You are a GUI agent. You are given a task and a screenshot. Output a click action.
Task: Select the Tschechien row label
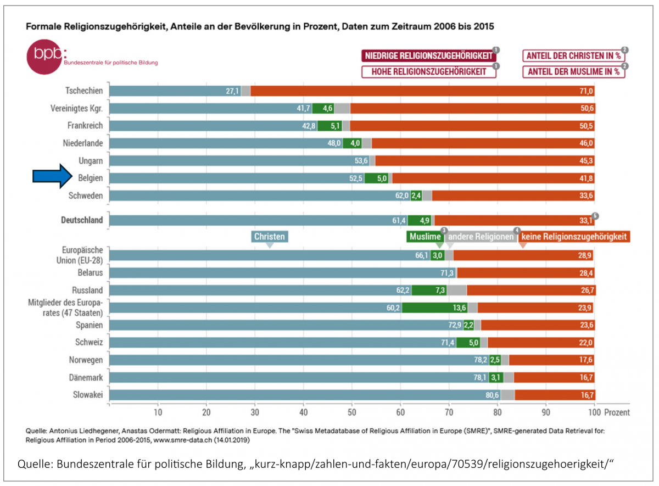[x=84, y=91]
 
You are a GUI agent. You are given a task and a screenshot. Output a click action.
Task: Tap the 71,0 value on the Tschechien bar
[x=587, y=91]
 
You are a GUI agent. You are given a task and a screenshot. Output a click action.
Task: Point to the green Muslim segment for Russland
[x=429, y=290]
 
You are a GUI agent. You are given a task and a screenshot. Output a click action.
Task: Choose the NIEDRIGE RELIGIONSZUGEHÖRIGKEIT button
[x=428, y=55]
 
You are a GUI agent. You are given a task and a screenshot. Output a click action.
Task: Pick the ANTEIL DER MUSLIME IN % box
[x=573, y=71]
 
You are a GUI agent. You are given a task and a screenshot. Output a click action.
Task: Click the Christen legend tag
[x=269, y=237]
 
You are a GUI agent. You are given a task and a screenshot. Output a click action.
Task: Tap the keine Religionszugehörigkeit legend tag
[x=573, y=237]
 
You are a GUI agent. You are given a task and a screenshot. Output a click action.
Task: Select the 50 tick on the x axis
[x=352, y=412]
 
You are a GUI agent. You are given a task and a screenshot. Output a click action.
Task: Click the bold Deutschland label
[x=82, y=220]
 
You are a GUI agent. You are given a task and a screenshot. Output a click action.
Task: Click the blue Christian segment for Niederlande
[x=220, y=143]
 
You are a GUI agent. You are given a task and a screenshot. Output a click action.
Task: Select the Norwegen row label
[x=85, y=360]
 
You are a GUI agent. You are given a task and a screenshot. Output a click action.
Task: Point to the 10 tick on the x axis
[x=158, y=412]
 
